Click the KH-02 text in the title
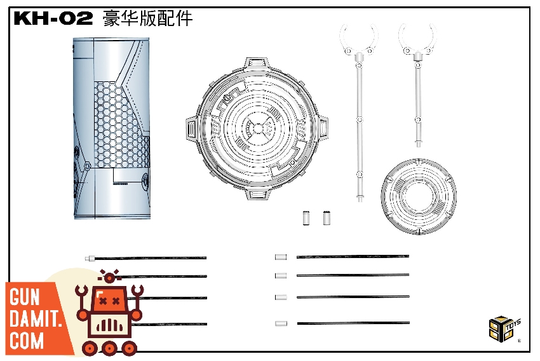53,18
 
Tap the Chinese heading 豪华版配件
147,18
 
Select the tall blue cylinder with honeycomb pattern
112,128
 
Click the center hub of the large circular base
257,129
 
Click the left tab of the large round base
191,130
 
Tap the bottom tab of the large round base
257,194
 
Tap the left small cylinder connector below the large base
306,218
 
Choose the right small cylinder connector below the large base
327,218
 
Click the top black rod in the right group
353,257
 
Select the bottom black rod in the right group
353,323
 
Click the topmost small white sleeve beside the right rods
281,257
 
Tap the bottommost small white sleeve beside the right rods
281,324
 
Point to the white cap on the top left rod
90,258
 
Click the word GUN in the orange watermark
24,297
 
